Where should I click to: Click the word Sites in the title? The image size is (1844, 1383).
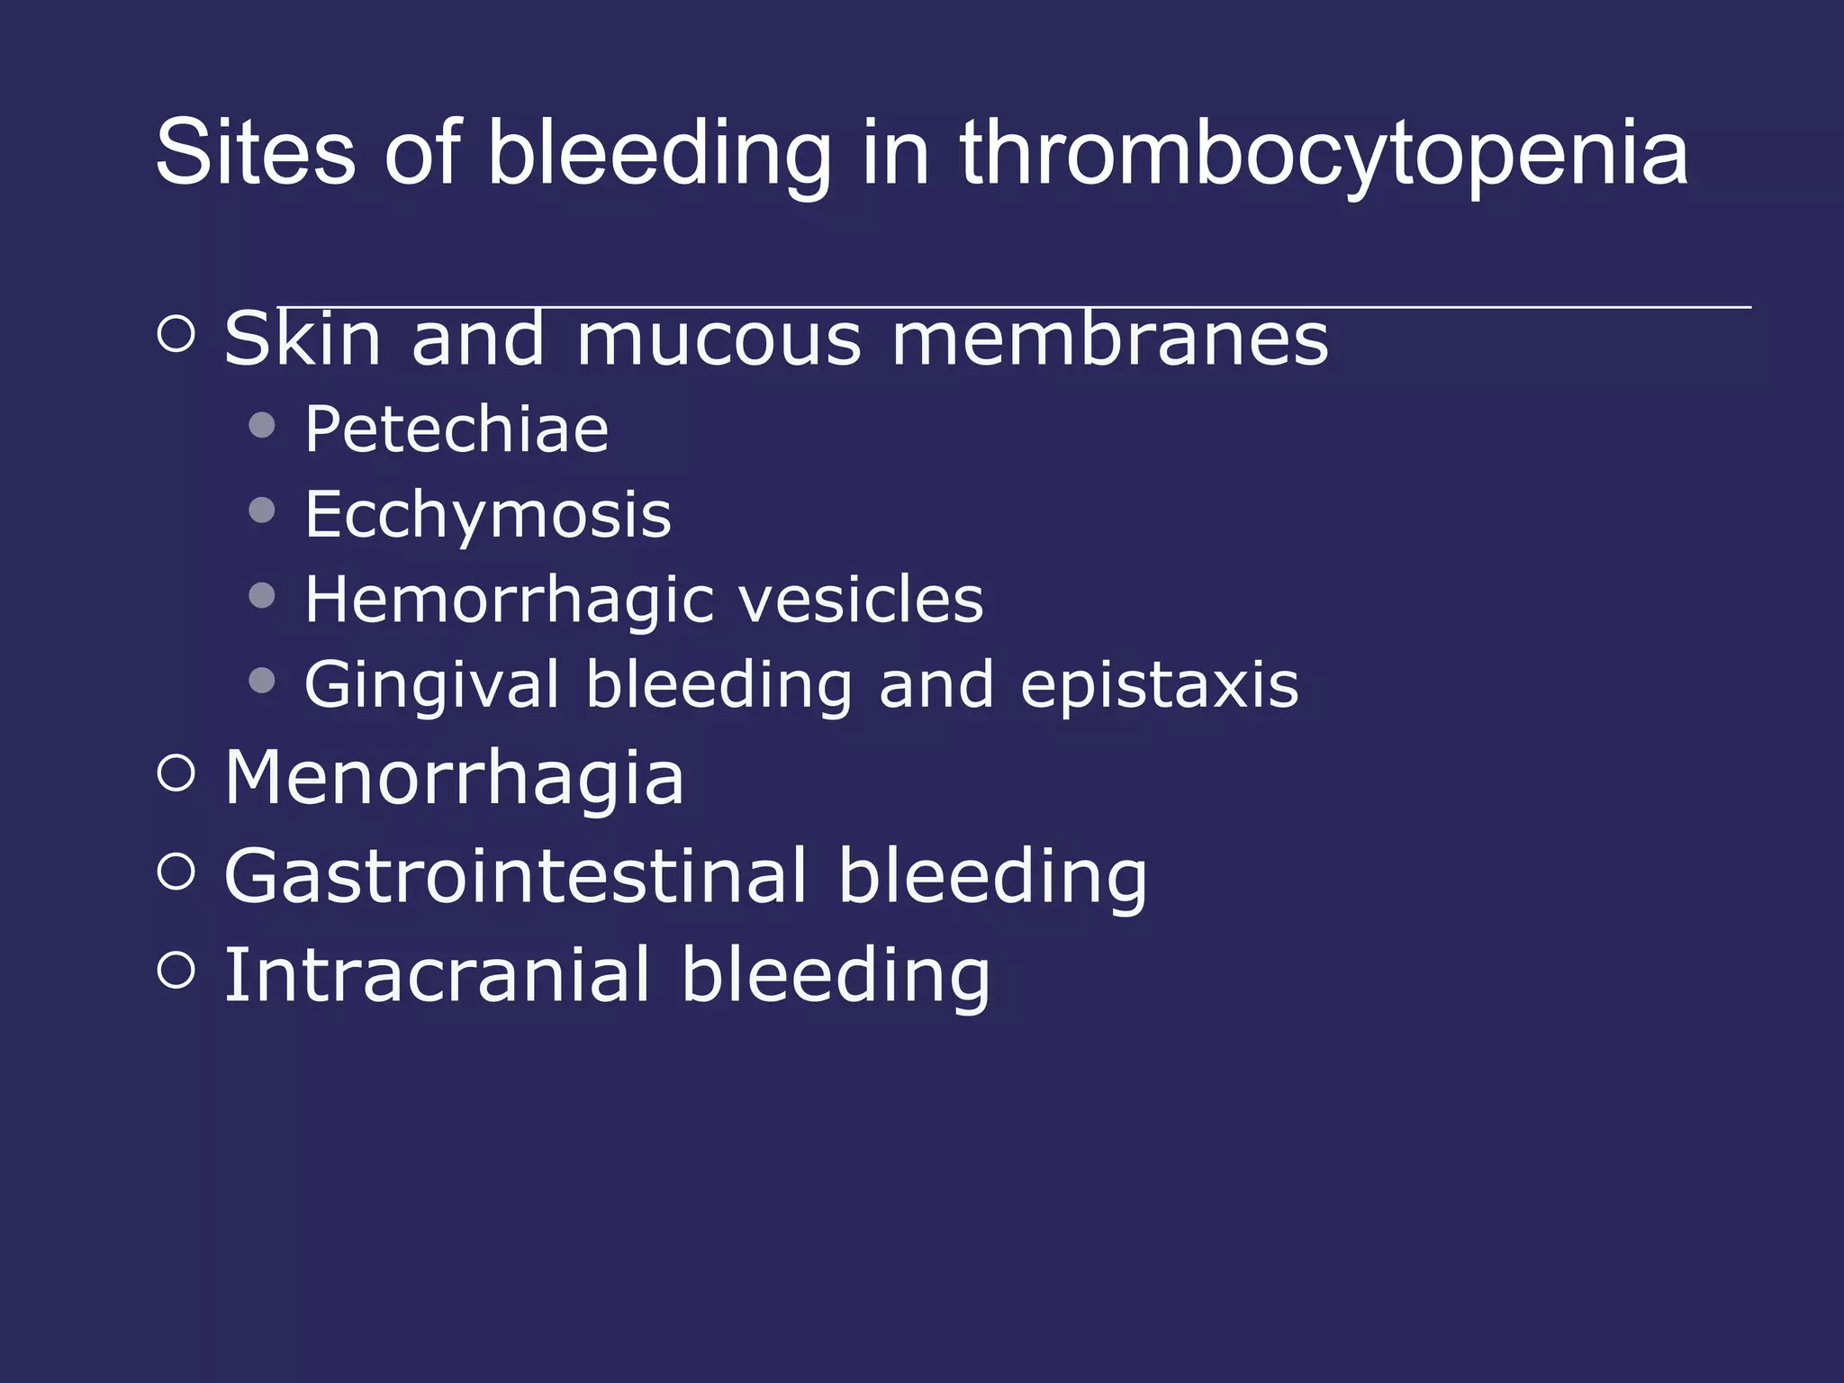(x=255, y=153)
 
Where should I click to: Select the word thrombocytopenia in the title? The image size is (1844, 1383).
(x=1323, y=155)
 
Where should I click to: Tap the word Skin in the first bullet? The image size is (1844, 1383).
(x=303, y=339)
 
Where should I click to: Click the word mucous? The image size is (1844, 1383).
(x=719, y=340)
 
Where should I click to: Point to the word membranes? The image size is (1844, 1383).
(x=1109, y=339)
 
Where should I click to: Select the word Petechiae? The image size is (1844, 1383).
(x=456, y=429)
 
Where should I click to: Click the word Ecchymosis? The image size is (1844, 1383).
(x=488, y=515)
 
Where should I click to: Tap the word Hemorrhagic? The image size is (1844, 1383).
(x=509, y=600)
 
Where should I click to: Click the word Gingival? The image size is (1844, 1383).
(x=431, y=685)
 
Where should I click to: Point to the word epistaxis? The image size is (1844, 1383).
(x=1160, y=685)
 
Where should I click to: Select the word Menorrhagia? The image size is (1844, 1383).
(x=454, y=778)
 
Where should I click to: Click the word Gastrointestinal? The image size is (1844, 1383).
(x=516, y=875)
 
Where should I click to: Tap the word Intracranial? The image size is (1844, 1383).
(x=437, y=974)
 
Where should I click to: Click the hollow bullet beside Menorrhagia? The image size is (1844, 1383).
(x=176, y=773)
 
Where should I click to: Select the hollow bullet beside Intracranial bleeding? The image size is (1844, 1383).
(x=176, y=970)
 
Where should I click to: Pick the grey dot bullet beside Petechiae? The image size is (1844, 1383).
(x=262, y=425)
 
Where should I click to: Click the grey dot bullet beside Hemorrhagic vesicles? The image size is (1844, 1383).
(x=262, y=595)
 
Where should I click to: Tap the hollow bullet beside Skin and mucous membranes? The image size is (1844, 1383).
(x=176, y=334)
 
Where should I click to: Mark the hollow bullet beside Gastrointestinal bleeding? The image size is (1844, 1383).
(x=176, y=871)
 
